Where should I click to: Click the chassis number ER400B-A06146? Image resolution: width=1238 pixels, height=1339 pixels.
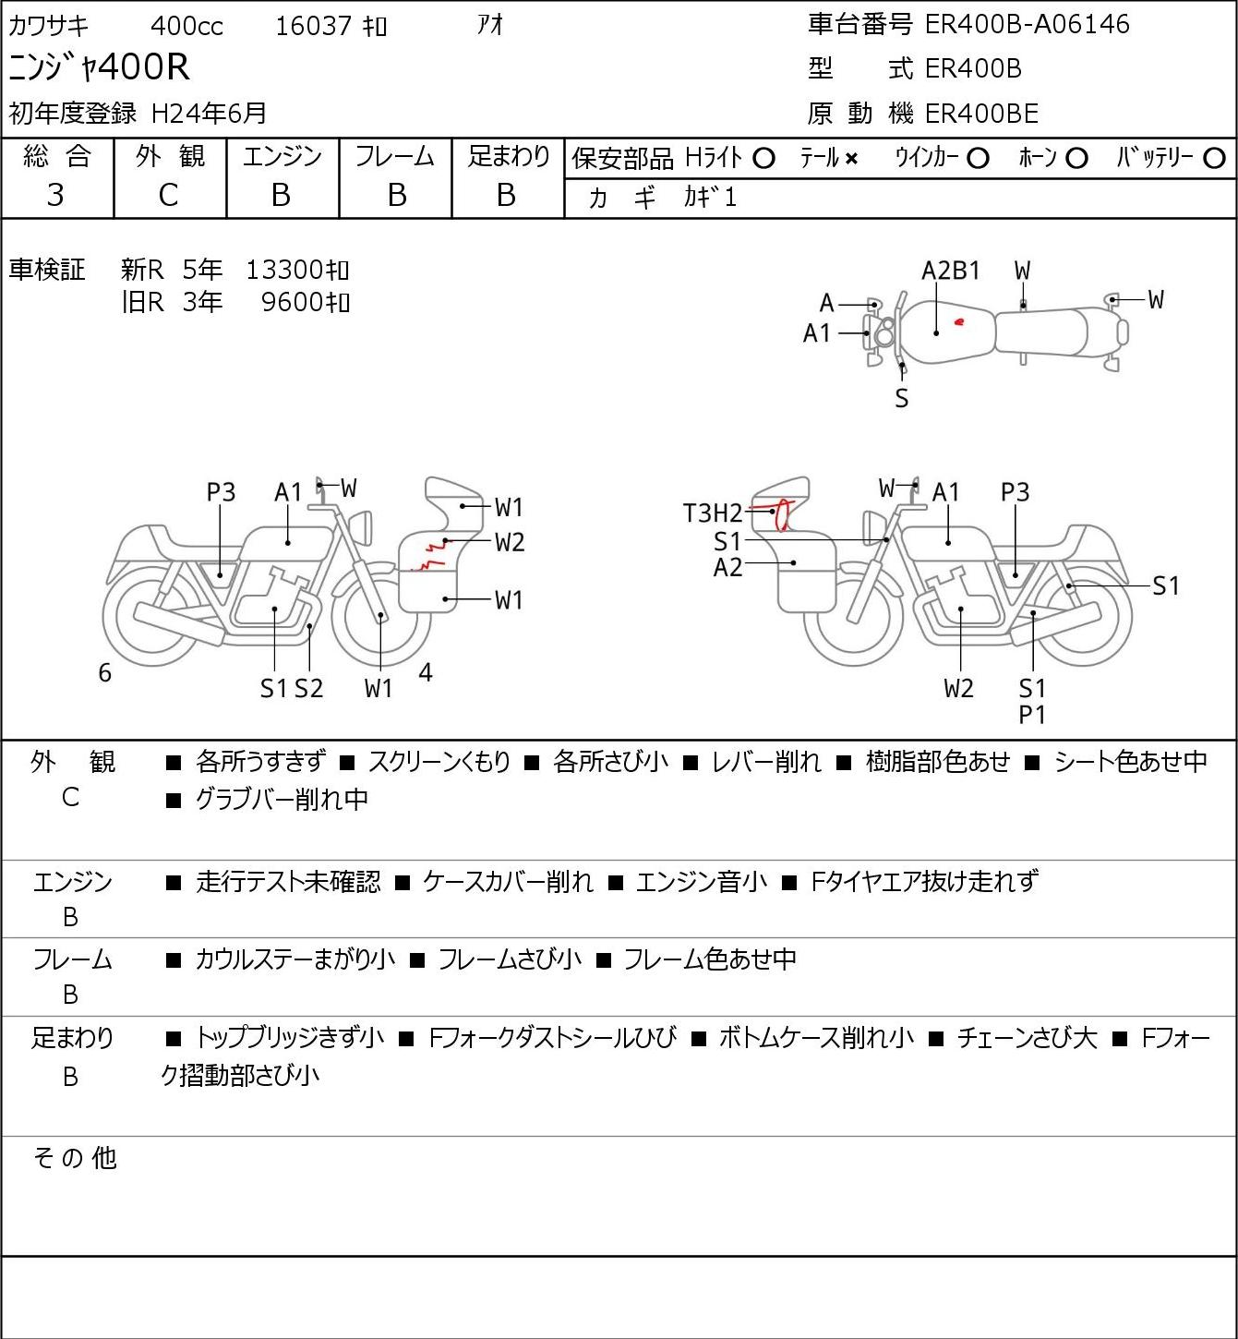[1027, 24]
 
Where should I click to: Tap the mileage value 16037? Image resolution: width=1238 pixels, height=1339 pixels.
[313, 26]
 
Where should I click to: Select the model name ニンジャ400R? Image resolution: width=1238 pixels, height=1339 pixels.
[100, 68]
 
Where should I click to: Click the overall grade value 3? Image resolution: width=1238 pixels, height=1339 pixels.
[55, 195]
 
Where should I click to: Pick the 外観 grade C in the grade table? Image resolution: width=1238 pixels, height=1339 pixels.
[168, 195]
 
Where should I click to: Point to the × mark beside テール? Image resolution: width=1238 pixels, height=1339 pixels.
[851, 159]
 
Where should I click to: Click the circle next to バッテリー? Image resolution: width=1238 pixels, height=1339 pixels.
[1215, 159]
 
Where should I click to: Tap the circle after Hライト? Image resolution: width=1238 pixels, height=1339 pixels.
[763, 159]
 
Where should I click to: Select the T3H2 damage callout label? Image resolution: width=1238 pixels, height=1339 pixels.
[712, 513]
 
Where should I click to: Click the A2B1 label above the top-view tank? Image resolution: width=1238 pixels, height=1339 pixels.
[951, 271]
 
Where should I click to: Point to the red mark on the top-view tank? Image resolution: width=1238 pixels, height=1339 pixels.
[959, 322]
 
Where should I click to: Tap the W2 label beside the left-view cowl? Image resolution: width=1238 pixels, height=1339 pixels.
[509, 542]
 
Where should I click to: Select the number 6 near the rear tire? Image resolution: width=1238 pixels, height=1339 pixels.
[105, 673]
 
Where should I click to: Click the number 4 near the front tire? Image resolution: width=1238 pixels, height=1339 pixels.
[426, 672]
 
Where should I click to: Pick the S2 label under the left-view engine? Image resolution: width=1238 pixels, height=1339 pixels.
[308, 689]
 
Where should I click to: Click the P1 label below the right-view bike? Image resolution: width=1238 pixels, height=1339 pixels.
[1032, 715]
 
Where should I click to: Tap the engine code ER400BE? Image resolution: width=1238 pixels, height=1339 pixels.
[981, 114]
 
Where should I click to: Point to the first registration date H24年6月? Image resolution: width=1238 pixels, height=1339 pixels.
[209, 114]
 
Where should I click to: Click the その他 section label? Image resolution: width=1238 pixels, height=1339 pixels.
[75, 1158]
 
